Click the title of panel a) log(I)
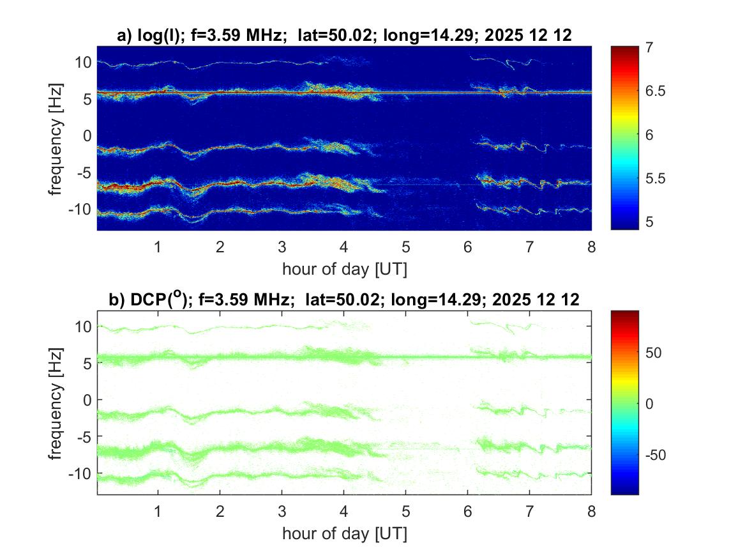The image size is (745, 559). point(344,36)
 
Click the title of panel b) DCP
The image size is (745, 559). point(344,300)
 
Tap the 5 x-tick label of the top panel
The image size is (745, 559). point(406,247)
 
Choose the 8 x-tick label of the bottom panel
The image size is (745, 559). point(591,511)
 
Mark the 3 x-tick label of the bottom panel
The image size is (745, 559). point(282,511)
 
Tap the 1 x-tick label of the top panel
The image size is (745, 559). point(158,247)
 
